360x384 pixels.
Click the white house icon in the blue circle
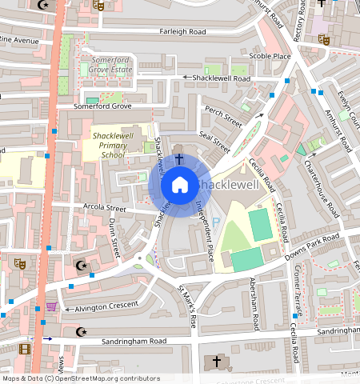pyautogui.click(x=180, y=186)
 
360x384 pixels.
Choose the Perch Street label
pyautogui.click(x=223, y=118)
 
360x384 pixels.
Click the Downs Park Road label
pyautogui.click(x=314, y=243)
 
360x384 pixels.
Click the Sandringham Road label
pyautogui.click(x=134, y=341)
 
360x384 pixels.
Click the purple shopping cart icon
pyautogui.click(x=52, y=306)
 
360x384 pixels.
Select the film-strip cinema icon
pyautogui.click(x=25, y=349)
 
